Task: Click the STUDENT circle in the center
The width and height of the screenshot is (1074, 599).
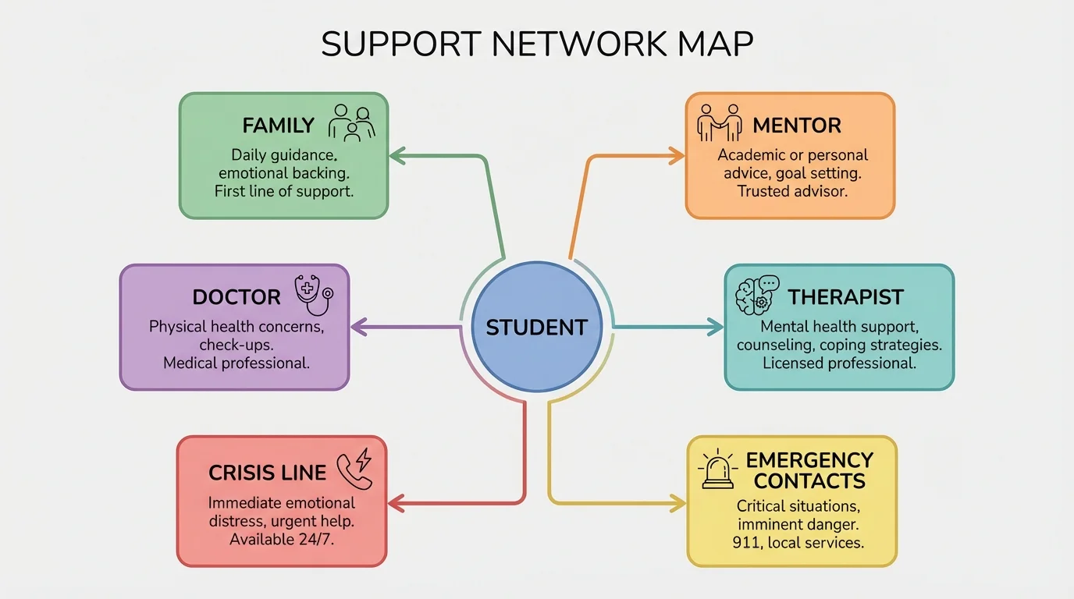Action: [536, 326]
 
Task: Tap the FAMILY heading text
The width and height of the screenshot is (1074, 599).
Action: [278, 126]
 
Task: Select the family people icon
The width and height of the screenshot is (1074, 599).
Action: [351, 123]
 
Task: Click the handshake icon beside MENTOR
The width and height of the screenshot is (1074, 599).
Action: [720, 122]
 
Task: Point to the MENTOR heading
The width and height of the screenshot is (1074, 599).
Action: [796, 126]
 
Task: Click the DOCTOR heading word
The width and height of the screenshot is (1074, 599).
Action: [236, 297]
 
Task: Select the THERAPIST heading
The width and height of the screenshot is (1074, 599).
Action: [845, 297]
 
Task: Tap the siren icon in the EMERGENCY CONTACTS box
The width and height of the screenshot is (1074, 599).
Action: [717, 470]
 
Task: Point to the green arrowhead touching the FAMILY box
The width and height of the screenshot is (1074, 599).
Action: [397, 156]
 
